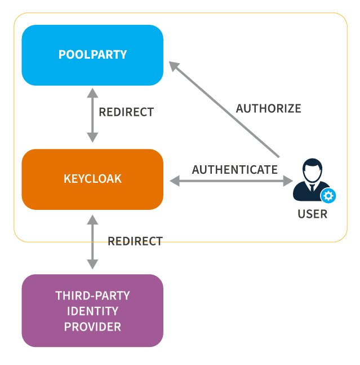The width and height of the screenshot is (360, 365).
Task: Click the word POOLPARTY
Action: pos(92,55)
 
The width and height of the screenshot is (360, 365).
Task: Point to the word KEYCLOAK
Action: pos(92,179)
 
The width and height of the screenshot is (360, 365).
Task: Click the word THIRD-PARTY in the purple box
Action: pos(92,295)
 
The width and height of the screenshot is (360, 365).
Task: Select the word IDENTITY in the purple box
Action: pos(92,311)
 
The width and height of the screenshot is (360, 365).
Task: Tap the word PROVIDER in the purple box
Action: pos(92,327)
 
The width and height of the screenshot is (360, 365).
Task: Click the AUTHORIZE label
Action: pos(268,108)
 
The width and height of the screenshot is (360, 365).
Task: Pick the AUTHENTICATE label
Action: pos(234,169)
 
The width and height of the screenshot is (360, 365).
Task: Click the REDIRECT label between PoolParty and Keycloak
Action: pos(126,112)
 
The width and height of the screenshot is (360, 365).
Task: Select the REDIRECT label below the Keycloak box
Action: pos(135,241)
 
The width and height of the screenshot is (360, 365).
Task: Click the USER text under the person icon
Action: pos(312,214)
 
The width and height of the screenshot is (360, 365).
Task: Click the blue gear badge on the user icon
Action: pos(328,196)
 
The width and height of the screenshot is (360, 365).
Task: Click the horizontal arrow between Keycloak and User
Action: pos(232,181)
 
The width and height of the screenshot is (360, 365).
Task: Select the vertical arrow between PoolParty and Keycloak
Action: pos(92,115)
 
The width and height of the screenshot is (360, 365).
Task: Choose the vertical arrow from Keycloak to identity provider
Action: pos(92,241)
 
